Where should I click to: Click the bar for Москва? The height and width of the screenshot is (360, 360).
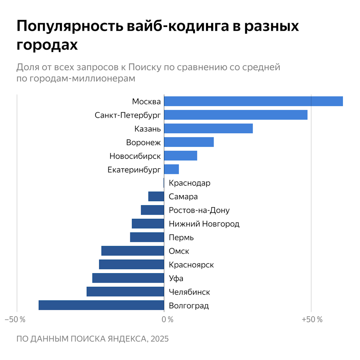point(253,101)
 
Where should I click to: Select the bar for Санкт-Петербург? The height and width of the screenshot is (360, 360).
point(236,115)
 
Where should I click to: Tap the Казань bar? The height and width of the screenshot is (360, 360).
point(208,128)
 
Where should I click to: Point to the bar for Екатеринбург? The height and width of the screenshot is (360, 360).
point(171,169)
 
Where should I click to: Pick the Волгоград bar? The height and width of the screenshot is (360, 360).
point(101,305)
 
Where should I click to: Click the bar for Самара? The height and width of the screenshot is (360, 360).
point(156,196)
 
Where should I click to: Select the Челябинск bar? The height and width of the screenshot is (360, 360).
point(125,292)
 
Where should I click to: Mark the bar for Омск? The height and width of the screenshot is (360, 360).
point(133,251)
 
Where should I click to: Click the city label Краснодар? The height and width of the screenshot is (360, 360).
point(190,183)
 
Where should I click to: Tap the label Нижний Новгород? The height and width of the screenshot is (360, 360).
point(204,224)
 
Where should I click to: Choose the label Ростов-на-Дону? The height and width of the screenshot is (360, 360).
point(199,210)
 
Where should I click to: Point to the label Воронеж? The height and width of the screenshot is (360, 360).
point(143,142)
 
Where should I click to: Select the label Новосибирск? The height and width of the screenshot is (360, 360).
point(135,156)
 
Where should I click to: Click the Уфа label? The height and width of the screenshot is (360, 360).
point(176,278)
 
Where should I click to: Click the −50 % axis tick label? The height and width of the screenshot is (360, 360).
point(15,320)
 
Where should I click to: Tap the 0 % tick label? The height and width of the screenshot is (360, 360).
point(168,320)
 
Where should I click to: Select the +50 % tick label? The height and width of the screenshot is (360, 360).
point(312,320)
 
